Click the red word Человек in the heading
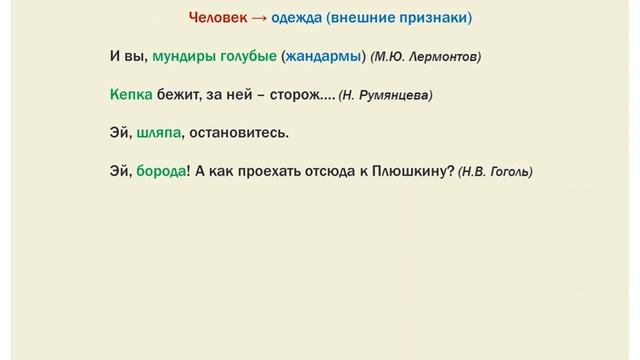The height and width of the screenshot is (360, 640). click(x=217, y=18)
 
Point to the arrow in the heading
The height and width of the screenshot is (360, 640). click(x=259, y=18)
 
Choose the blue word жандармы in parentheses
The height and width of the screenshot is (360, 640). click(x=323, y=57)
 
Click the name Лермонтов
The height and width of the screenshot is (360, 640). click(x=446, y=58)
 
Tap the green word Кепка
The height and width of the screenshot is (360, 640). click(x=132, y=95)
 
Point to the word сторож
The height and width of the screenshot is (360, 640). click(x=294, y=95)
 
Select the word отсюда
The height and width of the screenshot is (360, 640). click(x=345, y=171)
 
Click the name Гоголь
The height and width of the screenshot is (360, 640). click(x=509, y=172)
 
